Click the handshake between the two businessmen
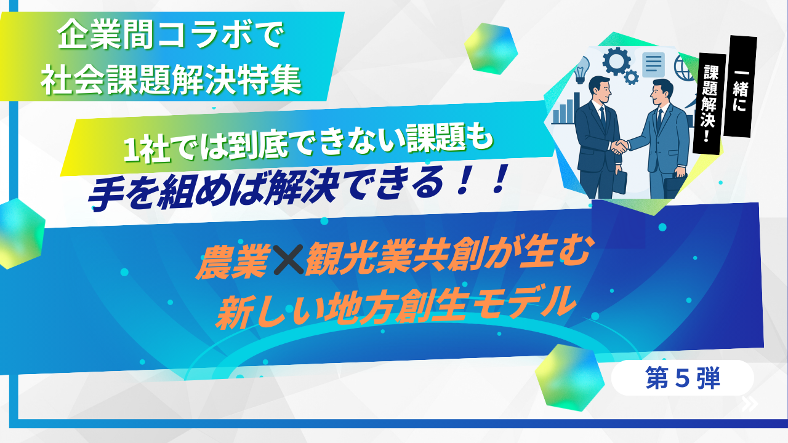[619, 146]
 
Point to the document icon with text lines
[654, 65]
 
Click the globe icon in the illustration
[684, 68]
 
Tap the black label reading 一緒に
[740, 86]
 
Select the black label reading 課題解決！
[709, 104]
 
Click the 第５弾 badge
[683, 378]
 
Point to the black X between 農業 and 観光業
[289, 260]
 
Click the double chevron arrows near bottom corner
[750, 404]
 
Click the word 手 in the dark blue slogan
[104, 194]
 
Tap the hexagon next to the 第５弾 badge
[568, 378]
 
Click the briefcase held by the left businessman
[619, 183]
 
